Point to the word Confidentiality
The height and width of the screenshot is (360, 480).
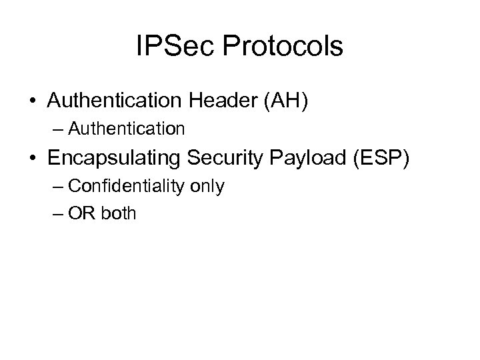(127, 186)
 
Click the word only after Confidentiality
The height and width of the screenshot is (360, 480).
(207, 186)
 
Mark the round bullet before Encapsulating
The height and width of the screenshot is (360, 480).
(33, 158)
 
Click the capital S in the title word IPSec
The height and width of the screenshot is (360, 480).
(169, 47)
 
